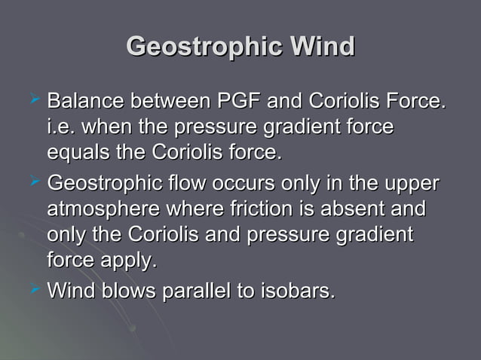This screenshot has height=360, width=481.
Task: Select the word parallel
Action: click(198, 290)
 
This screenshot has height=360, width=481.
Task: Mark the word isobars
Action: click(299, 290)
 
